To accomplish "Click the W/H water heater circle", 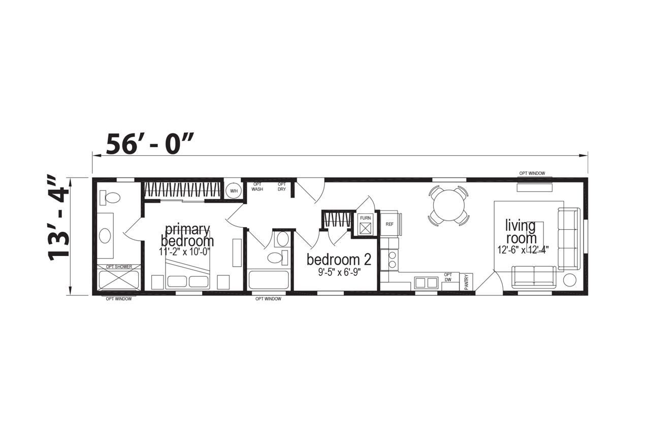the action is coord(234,191).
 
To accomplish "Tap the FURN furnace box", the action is coord(365,225).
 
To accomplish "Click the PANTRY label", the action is coord(466,282).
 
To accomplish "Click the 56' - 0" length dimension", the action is coord(150,144).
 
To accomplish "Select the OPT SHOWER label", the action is coord(119,267).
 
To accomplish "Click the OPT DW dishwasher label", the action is coord(448,277).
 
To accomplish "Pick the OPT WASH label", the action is coord(257,187).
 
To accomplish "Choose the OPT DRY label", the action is coord(282,187).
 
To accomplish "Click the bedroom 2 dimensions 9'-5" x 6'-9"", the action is coord(339,272).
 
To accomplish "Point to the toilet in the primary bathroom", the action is coord(110,198).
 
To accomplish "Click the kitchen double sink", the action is coord(426,282).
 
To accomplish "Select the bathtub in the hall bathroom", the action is coord(269,280).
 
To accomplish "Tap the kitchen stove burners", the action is coord(393,260).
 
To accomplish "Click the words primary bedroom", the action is coord(187,235).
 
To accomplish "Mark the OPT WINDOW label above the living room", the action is coord(532,173).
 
